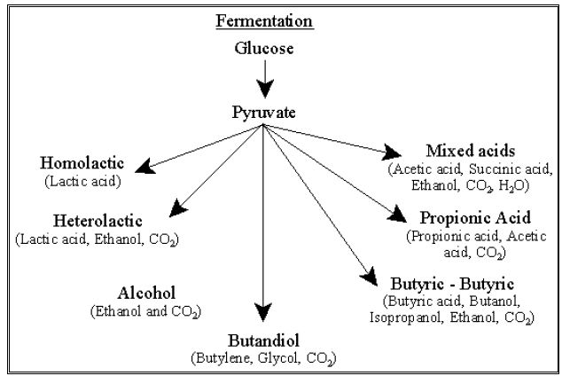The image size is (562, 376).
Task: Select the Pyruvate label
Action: click(263, 114)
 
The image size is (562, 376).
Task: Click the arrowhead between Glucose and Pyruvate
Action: click(263, 88)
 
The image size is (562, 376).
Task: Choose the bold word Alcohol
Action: click(146, 294)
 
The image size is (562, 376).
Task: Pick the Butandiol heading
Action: click(262, 340)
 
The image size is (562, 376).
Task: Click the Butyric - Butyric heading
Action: click(451, 283)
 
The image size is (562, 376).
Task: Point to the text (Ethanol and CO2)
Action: click(145, 311)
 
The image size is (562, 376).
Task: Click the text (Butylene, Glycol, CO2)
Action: click(262, 357)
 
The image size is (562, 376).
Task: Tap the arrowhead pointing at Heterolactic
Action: click(178, 209)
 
